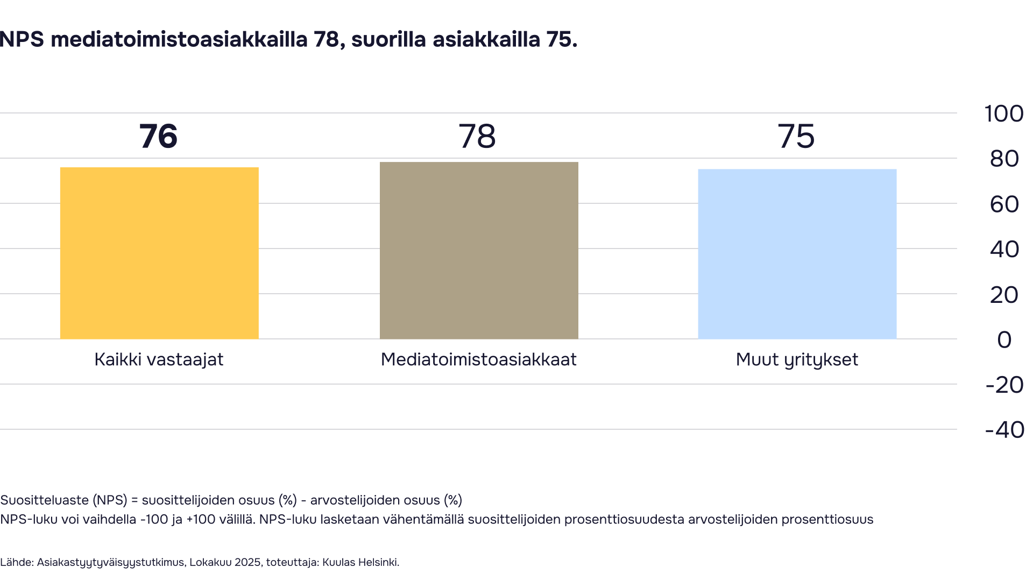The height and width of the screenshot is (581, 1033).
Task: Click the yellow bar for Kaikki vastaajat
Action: [159, 253]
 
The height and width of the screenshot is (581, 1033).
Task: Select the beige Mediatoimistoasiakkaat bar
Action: [479, 250]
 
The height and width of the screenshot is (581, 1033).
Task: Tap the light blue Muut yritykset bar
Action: [797, 254]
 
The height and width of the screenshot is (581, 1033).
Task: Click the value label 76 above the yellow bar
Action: [158, 136]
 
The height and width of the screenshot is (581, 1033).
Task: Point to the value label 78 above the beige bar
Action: [477, 136]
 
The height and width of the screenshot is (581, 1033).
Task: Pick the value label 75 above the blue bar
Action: [796, 136]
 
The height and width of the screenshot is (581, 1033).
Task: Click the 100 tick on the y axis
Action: [1003, 114]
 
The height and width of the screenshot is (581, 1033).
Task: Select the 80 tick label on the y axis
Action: [1004, 159]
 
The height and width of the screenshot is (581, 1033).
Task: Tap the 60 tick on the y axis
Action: [1004, 204]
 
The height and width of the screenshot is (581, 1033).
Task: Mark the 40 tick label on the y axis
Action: [1004, 250]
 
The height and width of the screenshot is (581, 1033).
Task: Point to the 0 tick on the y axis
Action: [1004, 340]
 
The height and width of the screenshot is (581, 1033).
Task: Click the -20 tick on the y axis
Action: [1004, 385]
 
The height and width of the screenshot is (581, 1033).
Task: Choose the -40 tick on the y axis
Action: [1004, 430]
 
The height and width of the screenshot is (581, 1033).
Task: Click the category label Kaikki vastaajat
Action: [159, 359]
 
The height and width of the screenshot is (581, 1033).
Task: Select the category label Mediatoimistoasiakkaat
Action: [478, 359]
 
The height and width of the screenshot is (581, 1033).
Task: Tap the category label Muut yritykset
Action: [797, 359]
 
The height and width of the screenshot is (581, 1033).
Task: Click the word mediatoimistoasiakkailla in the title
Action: [179, 39]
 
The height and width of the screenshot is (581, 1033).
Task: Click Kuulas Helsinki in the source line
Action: [360, 562]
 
